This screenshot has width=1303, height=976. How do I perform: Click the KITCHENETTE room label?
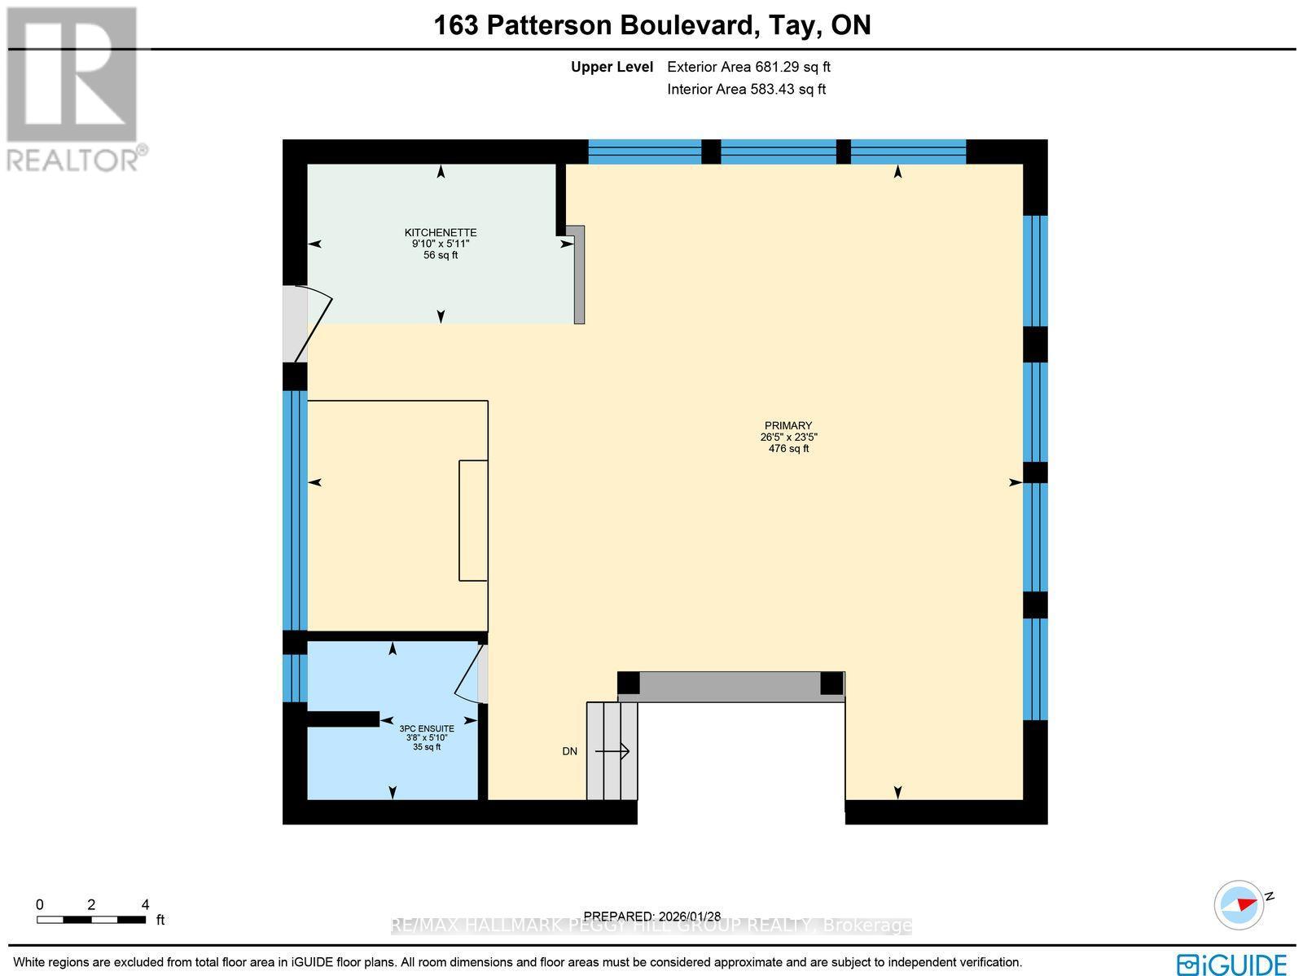[x=441, y=232]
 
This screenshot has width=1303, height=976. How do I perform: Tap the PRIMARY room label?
[x=788, y=425]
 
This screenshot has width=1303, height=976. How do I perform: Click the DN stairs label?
[x=569, y=751]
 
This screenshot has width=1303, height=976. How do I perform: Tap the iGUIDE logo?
[x=1231, y=964]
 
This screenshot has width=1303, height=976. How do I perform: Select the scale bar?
[x=91, y=919]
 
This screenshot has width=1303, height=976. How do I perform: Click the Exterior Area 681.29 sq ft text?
[x=748, y=68]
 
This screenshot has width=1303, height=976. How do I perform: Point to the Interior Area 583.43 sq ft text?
[x=746, y=90]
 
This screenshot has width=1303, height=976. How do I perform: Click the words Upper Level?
[x=612, y=68]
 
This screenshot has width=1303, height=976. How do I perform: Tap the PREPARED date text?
[x=652, y=916]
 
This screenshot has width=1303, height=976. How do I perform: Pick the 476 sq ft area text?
[x=788, y=448]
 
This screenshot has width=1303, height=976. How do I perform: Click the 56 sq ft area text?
[x=441, y=255]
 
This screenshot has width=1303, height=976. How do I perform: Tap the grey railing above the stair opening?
[x=730, y=686]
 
